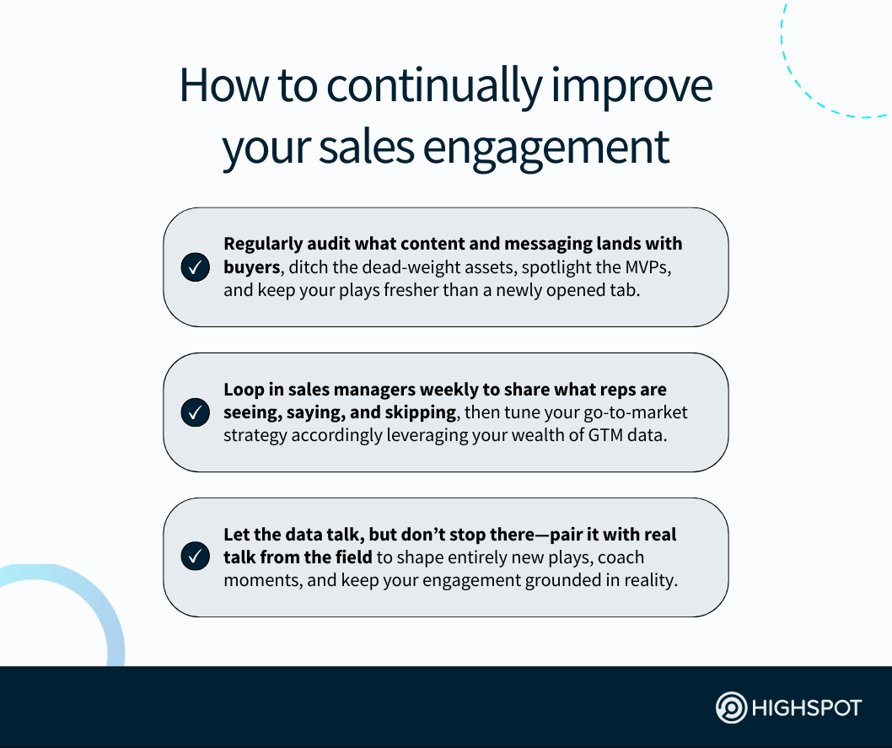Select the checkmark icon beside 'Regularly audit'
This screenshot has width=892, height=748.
[x=196, y=268]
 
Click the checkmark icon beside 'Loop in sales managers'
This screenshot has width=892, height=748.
[x=196, y=413]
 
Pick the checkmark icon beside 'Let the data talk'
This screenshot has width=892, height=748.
[x=196, y=557]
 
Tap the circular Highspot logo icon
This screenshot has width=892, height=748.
[x=731, y=708]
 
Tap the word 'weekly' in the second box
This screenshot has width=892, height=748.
[x=443, y=390]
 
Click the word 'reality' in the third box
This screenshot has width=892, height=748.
[x=649, y=580]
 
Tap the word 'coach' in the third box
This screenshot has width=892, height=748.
[x=621, y=557]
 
